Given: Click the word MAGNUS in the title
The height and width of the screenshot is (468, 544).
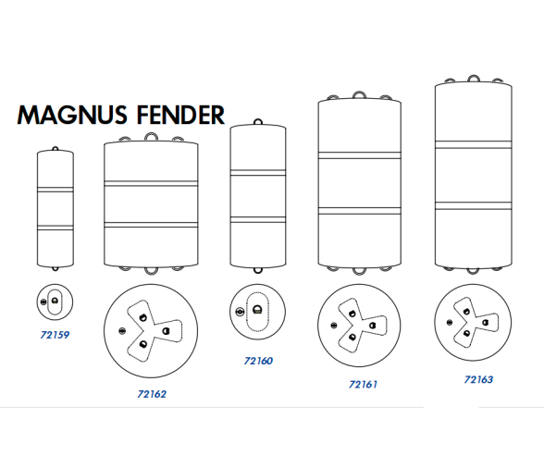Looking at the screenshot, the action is pyautogui.click(x=72, y=115).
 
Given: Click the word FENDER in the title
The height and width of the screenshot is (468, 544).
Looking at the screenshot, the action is pyautogui.click(x=180, y=115).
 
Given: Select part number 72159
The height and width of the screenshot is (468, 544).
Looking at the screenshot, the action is pyautogui.click(x=55, y=335).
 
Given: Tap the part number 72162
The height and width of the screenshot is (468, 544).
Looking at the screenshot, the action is pyautogui.click(x=152, y=394).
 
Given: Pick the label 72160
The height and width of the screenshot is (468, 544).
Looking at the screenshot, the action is pyautogui.click(x=258, y=361).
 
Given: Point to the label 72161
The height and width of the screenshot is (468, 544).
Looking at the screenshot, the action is pyautogui.click(x=363, y=385).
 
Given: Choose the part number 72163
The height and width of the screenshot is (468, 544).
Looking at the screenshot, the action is pyautogui.click(x=478, y=379).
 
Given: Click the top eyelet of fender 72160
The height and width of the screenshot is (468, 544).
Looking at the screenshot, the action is pyautogui.click(x=258, y=122).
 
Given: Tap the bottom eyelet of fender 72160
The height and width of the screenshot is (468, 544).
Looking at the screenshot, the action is pyautogui.click(x=258, y=270).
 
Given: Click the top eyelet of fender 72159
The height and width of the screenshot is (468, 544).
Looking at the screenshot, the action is pyautogui.click(x=56, y=149).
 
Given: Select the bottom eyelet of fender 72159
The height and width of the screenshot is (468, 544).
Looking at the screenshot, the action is pyautogui.click(x=56, y=268).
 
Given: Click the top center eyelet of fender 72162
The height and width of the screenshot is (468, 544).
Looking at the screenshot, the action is pyautogui.click(x=151, y=136).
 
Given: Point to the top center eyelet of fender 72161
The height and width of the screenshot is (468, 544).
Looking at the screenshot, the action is pyautogui.click(x=359, y=95).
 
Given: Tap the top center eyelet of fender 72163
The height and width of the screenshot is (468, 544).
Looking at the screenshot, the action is pyautogui.click(x=474, y=79).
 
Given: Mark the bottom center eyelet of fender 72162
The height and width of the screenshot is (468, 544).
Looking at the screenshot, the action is pyautogui.click(x=151, y=270).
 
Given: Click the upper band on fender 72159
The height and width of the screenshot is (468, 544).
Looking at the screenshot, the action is pyautogui.click(x=56, y=190).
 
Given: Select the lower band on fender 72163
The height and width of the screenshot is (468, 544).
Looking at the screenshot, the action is pyautogui.click(x=474, y=205).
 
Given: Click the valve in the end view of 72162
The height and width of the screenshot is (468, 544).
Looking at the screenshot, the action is pyautogui.click(x=122, y=331).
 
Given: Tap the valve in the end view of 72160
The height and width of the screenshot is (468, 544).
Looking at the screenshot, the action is pyautogui.click(x=240, y=312).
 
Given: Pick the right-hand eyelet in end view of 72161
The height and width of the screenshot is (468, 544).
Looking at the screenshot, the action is pyautogui.click(x=372, y=326).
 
